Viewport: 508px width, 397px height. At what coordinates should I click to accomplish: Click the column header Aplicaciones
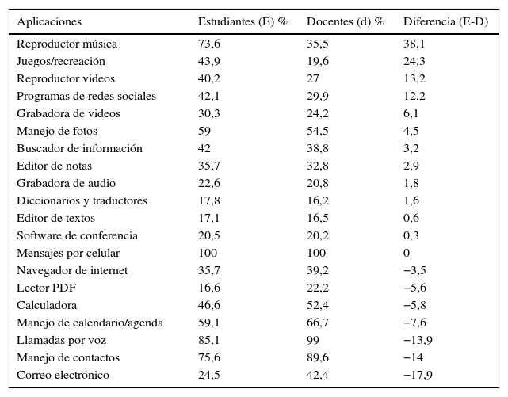click(49, 21)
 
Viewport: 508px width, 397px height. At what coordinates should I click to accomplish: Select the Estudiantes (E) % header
click(242, 21)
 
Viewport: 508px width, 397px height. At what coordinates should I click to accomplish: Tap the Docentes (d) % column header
click(345, 21)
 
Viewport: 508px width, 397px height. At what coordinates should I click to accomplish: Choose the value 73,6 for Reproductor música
click(208, 44)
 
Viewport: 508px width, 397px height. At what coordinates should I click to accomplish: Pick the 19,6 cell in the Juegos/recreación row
click(318, 62)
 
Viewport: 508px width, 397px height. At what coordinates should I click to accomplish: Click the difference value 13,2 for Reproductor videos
click(414, 79)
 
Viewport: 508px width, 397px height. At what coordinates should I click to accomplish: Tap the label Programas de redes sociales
click(86, 97)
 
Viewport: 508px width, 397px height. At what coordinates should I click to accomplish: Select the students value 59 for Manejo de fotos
click(204, 132)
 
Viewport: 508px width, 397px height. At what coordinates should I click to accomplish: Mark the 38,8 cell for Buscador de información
click(318, 149)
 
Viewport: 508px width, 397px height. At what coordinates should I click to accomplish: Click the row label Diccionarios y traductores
click(82, 201)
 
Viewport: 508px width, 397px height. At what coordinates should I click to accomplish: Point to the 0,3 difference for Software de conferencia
click(411, 236)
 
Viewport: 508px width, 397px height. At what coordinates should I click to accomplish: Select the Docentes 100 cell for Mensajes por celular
click(316, 254)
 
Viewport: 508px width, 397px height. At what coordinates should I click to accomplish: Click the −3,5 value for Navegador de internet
click(416, 271)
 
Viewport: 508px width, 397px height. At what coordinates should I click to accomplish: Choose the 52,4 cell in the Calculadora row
click(318, 306)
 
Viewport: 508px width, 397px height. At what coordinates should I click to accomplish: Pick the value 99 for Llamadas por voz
click(313, 341)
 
